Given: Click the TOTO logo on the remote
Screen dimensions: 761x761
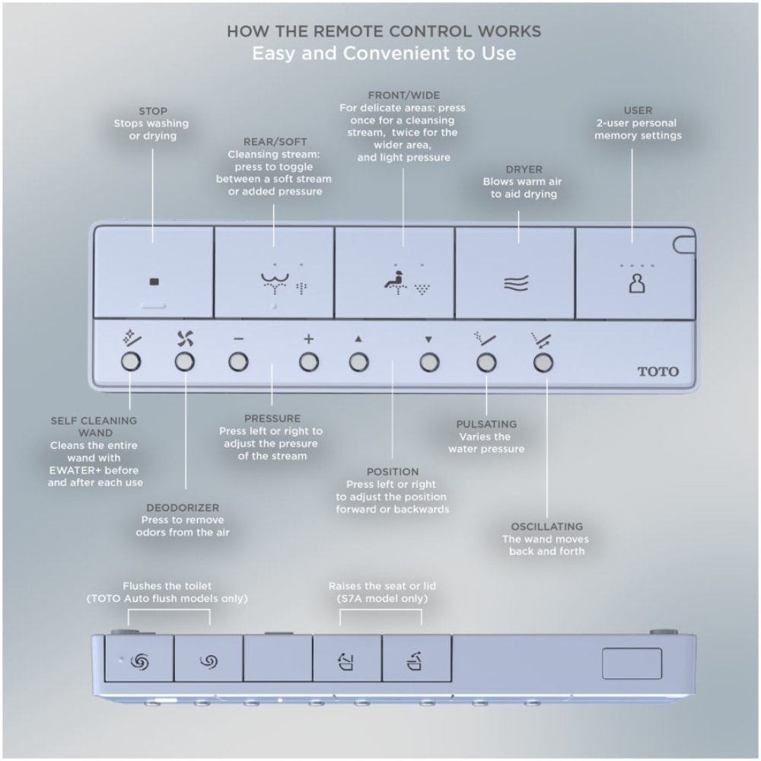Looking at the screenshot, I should coord(658,372).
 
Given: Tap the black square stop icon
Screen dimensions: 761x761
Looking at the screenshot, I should coord(154,281).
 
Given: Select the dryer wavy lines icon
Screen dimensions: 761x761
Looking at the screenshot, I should coord(516,284).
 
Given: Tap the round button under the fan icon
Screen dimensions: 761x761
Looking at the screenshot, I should coord(184,362).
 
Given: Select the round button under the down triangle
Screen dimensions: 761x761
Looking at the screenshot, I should coord(429,362).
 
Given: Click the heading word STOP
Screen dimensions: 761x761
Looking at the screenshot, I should coord(153,111).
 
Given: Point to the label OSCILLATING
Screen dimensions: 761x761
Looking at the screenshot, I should coord(547,527).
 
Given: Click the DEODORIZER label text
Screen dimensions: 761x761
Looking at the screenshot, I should coord(182,508).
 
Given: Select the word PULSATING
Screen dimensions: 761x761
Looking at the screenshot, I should coord(486,424).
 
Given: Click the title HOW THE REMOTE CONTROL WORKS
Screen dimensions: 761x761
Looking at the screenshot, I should coord(384,31).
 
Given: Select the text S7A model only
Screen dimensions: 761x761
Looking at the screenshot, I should coord(383,599).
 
